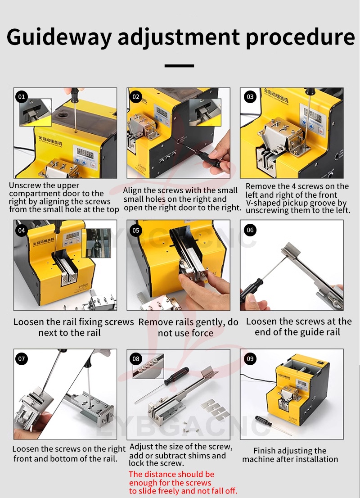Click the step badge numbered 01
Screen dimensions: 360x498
click(x=22, y=96)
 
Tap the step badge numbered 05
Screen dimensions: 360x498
click(x=136, y=230)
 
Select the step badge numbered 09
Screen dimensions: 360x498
click(x=250, y=359)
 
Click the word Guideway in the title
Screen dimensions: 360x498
click(x=59, y=37)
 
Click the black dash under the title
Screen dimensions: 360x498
click(x=180, y=66)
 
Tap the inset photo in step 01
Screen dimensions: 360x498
click(x=36, y=112)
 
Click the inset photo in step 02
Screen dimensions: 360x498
click(x=205, y=112)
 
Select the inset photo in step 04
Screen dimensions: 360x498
click(x=96, y=243)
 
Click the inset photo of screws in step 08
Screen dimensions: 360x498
click(x=148, y=366)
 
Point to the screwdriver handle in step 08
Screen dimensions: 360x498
click(x=176, y=376)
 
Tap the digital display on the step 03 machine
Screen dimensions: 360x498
click(x=310, y=115)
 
